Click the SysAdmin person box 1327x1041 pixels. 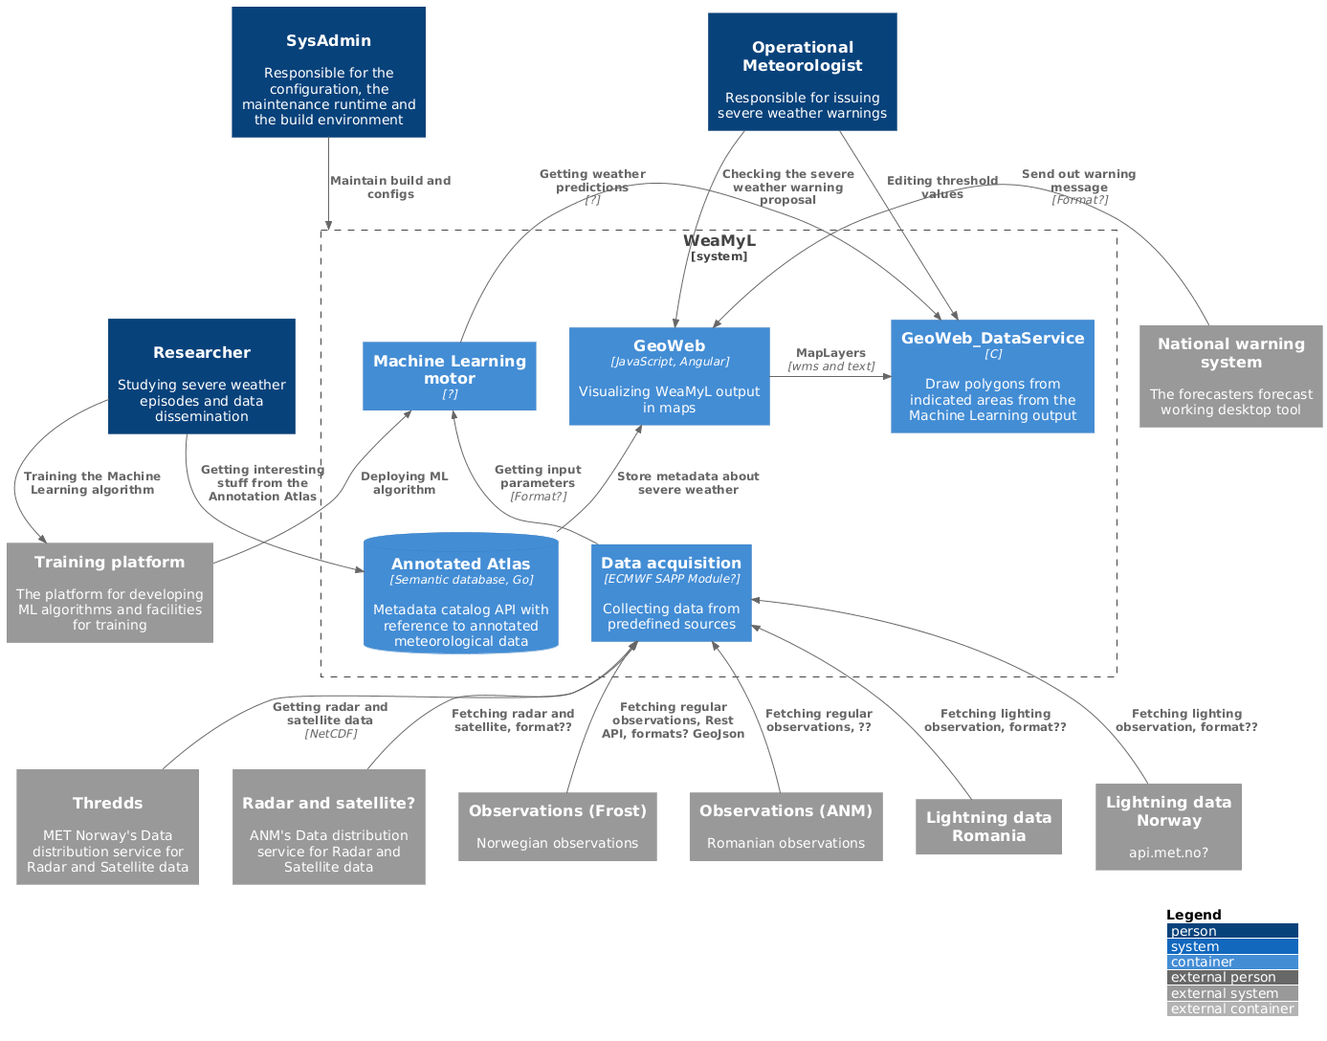pyautogui.click(x=328, y=73)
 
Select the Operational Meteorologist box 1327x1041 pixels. pyautogui.click(x=802, y=73)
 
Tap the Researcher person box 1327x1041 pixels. pyautogui.click(x=201, y=376)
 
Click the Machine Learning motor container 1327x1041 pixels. pyautogui.click(x=449, y=376)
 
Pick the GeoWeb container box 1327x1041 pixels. pyautogui.click(x=669, y=376)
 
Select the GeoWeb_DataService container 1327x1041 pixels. pyautogui.click(x=992, y=376)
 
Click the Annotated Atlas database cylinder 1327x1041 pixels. pyautogui.click(x=460, y=594)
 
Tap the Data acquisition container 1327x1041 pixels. pyautogui.click(x=671, y=593)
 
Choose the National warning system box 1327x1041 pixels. pyautogui.click(x=1230, y=376)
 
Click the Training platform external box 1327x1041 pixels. pyautogui.click(x=109, y=593)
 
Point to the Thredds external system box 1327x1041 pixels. pyautogui.click(x=107, y=827)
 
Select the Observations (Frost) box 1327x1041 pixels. pyautogui.click(x=557, y=827)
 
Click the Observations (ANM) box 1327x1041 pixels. pyautogui.click(x=785, y=827)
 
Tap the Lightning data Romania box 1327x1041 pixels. pyautogui.click(x=988, y=827)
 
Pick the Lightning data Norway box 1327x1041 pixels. pyautogui.click(x=1168, y=827)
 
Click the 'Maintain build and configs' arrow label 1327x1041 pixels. pyautogui.click(x=390, y=188)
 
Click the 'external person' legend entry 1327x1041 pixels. pyautogui.click(x=1232, y=978)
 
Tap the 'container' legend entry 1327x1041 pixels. pyautogui.click(x=1232, y=963)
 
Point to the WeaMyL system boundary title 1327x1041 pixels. pyautogui.click(x=719, y=241)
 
